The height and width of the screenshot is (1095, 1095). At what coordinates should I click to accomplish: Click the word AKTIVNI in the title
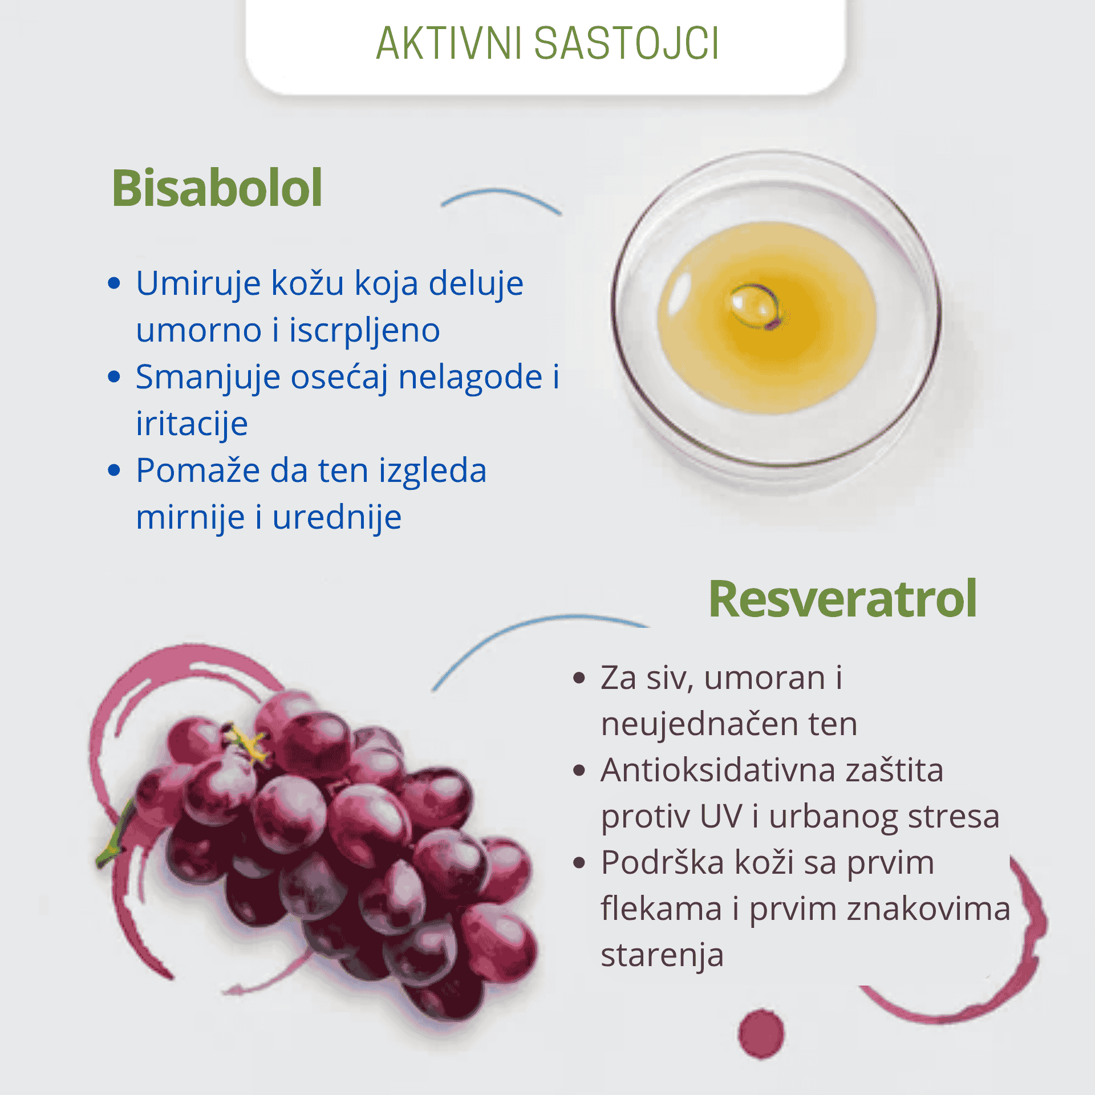pyautogui.click(x=449, y=43)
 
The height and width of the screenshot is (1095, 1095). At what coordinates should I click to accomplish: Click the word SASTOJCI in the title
pyautogui.click(x=626, y=43)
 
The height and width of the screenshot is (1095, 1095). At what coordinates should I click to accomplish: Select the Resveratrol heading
pyautogui.click(x=842, y=598)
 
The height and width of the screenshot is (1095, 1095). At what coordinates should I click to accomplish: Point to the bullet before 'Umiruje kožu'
pyautogui.click(x=114, y=283)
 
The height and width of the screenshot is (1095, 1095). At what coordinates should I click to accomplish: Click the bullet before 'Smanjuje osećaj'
pyautogui.click(x=114, y=376)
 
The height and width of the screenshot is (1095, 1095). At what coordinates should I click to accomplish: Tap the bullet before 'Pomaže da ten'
pyautogui.click(x=114, y=470)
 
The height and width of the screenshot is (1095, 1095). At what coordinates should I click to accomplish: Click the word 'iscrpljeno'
pyautogui.click(x=364, y=331)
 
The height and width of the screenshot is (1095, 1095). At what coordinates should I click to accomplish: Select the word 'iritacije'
pyautogui.click(x=192, y=424)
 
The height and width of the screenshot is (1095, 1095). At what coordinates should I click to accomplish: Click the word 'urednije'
pyautogui.click(x=337, y=517)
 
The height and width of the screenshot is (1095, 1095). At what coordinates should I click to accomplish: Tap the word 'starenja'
pyautogui.click(x=662, y=955)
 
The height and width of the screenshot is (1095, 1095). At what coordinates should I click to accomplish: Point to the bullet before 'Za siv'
pyautogui.click(x=579, y=678)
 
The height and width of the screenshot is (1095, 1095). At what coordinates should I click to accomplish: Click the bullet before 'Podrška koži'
pyautogui.click(x=579, y=862)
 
